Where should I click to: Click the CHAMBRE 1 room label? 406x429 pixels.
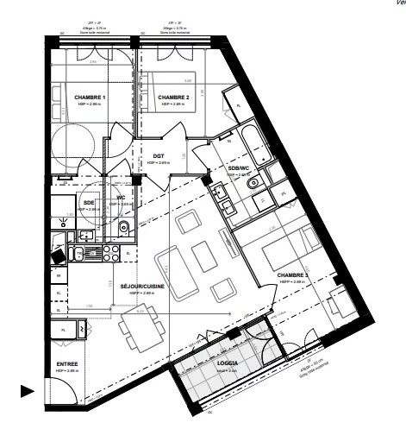(x=90, y=98)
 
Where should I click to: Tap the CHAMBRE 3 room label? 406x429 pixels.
(x=293, y=275)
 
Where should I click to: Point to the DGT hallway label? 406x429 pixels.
(x=159, y=155)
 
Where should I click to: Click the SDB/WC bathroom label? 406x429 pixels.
(x=239, y=167)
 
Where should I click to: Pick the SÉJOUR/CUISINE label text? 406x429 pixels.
(x=142, y=286)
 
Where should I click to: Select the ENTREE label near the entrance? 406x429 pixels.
(x=67, y=364)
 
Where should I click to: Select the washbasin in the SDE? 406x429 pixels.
(x=86, y=236)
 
